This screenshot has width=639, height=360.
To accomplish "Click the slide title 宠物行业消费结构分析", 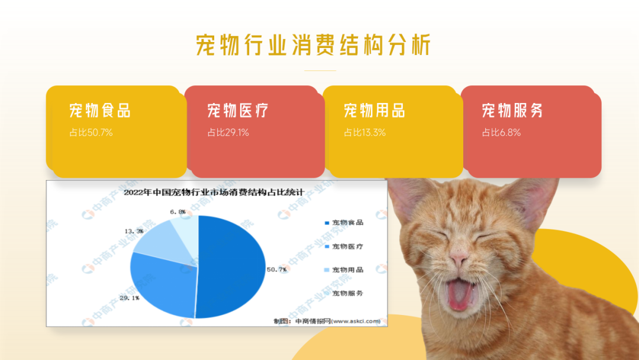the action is (x=313, y=45).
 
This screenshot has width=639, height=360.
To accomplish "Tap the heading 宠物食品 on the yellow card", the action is (x=100, y=111).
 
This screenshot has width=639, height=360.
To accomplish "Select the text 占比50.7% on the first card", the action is (x=91, y=133).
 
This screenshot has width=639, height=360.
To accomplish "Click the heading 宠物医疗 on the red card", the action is (x=238, y=111).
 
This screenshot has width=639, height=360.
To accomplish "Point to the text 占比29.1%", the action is (x=228, y=133).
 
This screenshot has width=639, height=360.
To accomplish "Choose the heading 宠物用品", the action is (x=375, y=111).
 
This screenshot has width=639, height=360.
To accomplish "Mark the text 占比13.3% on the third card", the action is (x=364, y=133).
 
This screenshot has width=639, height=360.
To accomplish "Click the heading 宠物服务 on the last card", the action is (x=512, y=111).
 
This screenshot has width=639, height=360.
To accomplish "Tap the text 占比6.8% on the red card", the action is (x=501, y=133).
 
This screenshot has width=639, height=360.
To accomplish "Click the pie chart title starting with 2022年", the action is (x=214, y=192).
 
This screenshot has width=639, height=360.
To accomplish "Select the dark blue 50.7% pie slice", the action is (x=230, y=267).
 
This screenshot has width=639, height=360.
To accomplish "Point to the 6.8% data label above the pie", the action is (x=177, y=212).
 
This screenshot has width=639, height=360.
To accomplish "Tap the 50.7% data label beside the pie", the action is (x=277, y=269).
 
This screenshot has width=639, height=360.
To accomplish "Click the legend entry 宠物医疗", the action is (x=344, y=246).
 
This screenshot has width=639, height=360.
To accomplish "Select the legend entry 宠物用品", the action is (x=344, y=269).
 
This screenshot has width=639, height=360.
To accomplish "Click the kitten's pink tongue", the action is (x=460, y=294).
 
